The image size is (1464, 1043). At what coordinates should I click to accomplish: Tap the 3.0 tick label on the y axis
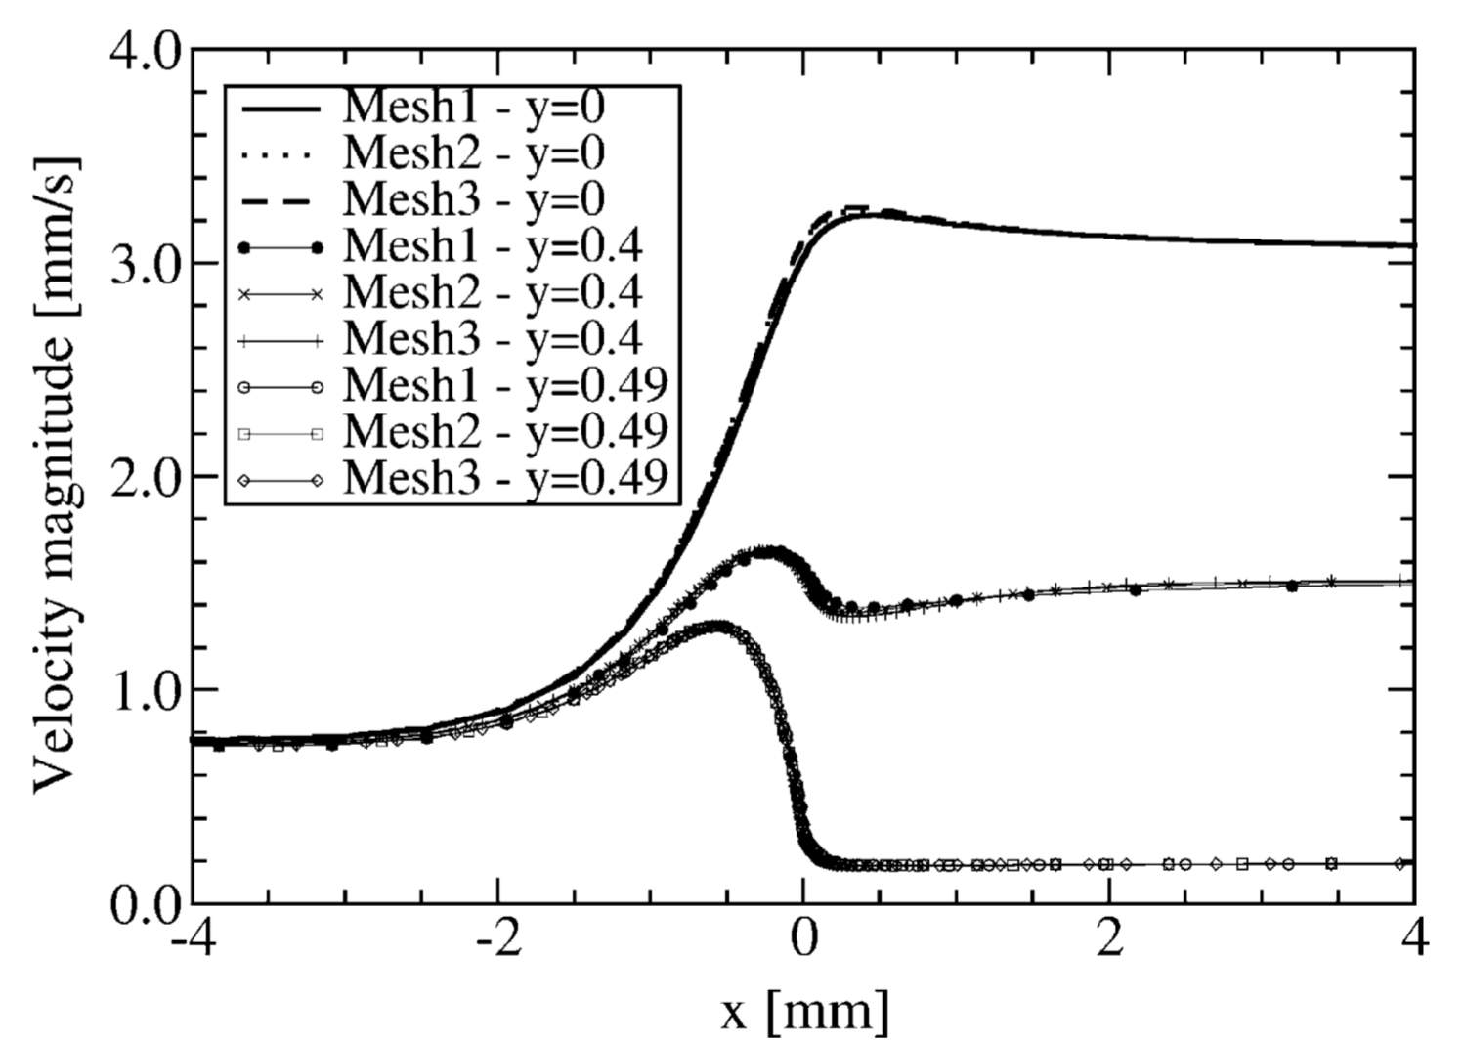point(145,264)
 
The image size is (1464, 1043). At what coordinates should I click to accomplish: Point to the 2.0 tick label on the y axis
point(145,477)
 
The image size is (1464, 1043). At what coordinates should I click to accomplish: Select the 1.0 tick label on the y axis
point(145,690)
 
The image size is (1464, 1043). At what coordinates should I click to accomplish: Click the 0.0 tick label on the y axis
point(145,901)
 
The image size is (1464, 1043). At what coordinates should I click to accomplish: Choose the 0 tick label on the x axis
point(803,940)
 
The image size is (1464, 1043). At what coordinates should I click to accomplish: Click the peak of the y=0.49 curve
point(716,626)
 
